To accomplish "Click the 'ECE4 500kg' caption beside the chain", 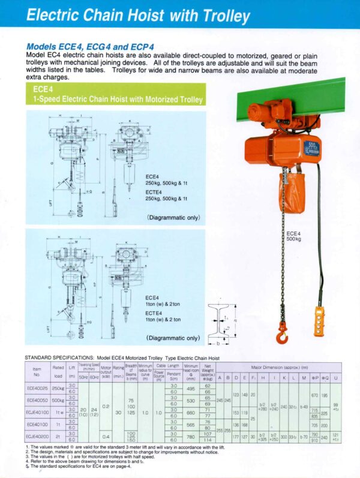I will coord(295,236).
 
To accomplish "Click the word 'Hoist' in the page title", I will coord(158,14).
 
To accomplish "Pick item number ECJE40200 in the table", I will coord(37,437).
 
